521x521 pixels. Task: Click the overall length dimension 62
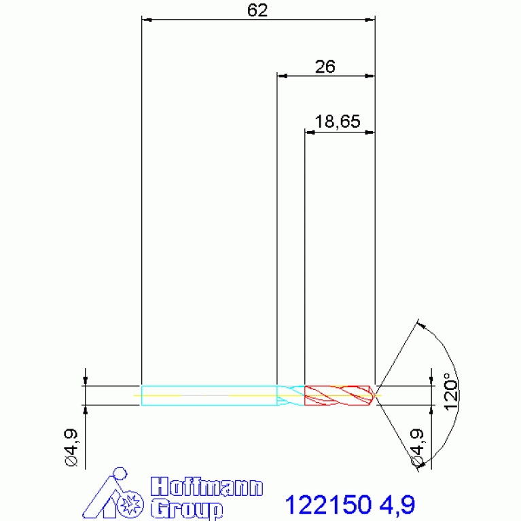tap(257, 10)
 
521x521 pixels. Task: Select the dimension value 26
tap(325, 67)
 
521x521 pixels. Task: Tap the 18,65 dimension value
tap(337, 122)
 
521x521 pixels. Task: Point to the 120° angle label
tap(451, 392)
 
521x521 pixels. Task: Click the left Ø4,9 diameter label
tap(72, 448)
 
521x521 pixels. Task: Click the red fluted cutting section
tap(340, 395)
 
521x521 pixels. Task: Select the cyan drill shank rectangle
tap(209, 395)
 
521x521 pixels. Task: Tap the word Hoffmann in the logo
tap(206, 487)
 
